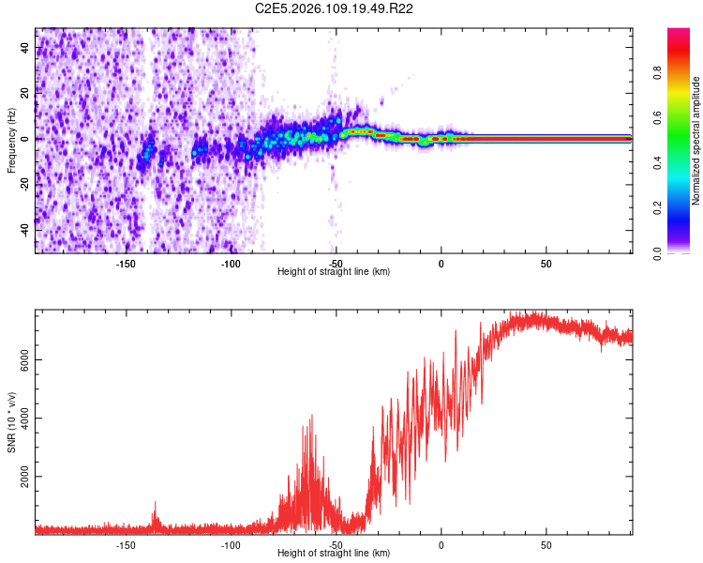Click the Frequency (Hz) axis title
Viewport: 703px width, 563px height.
11,141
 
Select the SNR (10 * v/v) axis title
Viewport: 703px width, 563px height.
11,421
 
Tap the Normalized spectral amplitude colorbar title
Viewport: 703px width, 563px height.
696,141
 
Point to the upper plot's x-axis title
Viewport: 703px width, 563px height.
334,272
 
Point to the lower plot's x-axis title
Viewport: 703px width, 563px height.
334,554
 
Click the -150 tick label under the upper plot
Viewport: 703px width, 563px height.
127,264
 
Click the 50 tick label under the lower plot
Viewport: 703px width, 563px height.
546,544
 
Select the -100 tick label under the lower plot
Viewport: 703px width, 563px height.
232,544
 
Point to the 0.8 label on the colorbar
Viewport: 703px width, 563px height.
657,72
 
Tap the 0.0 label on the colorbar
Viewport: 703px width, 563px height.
657,251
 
